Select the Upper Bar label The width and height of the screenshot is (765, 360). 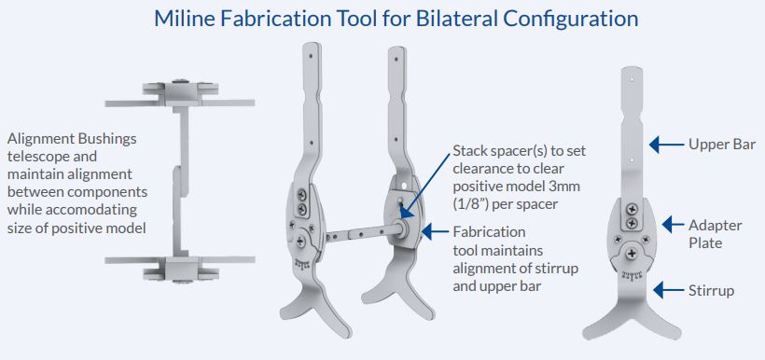722,144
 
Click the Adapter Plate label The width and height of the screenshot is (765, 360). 716,234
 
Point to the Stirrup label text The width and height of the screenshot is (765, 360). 711,291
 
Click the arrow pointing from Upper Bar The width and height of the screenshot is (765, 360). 666,144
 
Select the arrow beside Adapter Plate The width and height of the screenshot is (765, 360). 673,225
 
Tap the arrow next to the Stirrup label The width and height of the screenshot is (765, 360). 668,291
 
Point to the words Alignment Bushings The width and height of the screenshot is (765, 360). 72,140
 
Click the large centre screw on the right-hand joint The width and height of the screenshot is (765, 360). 633,253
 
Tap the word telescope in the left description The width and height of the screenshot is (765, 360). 52,157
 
